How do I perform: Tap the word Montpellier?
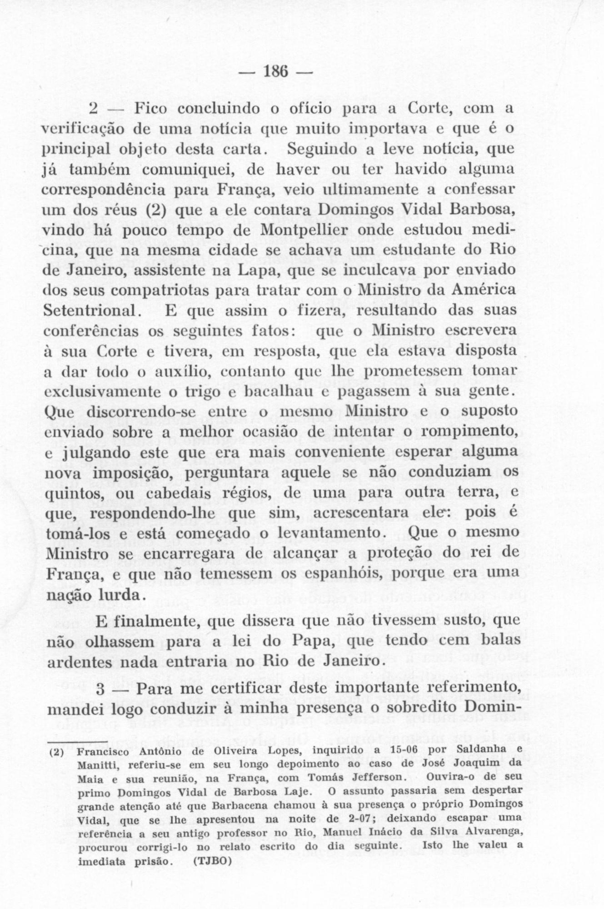pos(307,230)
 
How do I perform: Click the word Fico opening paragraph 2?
pos(146,110)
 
